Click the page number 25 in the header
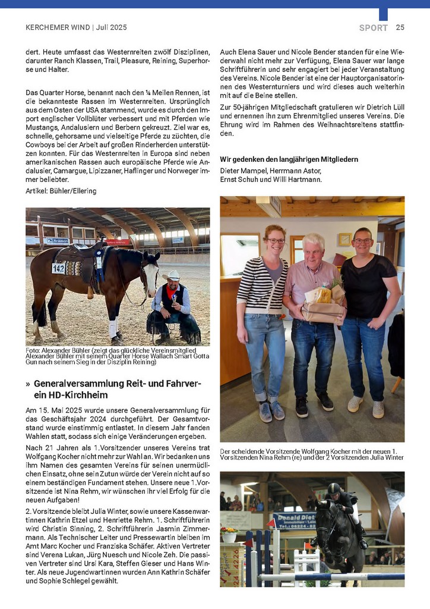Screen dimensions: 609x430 (400, 27)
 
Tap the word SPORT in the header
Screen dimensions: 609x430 (373, 28)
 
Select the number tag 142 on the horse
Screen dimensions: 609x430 (58, 268)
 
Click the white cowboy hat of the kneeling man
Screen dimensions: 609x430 (171, 275)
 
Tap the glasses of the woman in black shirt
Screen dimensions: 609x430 (362, 241)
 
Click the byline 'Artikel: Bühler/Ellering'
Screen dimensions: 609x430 (61, 191)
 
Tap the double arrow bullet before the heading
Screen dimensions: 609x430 (28, 384)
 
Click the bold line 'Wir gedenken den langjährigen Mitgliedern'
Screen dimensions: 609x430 (289, 159)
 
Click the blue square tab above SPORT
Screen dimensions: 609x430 (383, 14)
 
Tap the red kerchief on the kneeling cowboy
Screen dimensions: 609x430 (172, 291)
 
